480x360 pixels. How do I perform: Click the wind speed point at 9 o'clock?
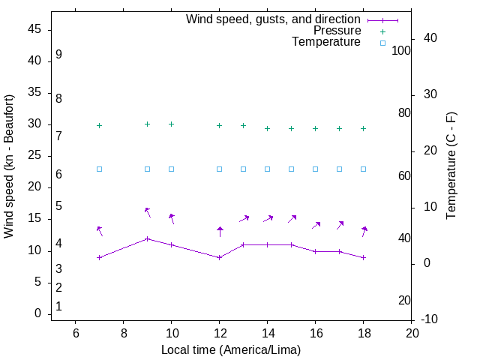[x=147, y=238]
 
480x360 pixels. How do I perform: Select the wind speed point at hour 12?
[x=219, y=257]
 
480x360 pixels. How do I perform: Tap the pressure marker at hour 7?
[x=99, y=125]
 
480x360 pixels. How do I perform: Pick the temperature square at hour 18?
[x=363, y=169]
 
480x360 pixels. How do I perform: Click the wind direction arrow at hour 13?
[x=244, y=218]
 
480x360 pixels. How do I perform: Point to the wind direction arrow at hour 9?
[x=148, y=212]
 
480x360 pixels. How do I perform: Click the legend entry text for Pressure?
[x=337, y=31]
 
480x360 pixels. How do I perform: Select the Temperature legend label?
[x=326, y=42]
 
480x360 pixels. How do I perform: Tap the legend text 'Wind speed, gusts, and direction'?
[x=273, y=19]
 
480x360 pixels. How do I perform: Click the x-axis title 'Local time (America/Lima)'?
[x=231, y=349]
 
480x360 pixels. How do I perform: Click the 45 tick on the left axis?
[x=34, y=30]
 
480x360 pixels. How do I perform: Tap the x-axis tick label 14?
[x=267, y=332]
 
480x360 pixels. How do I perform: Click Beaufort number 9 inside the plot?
[x=58, y=55]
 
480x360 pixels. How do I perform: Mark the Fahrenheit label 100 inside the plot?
[x=401, y=50]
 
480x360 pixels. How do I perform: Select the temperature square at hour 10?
[x=171, y=169]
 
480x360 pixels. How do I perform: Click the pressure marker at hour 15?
[x=291, y=128]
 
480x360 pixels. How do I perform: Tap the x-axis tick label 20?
[x=411, y=332]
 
